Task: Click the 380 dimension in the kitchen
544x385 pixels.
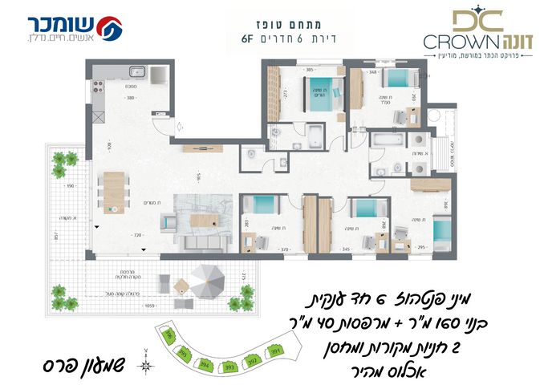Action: point(128,98)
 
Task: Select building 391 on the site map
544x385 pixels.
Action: point(276,351)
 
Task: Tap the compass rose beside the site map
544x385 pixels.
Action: point(145,367)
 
